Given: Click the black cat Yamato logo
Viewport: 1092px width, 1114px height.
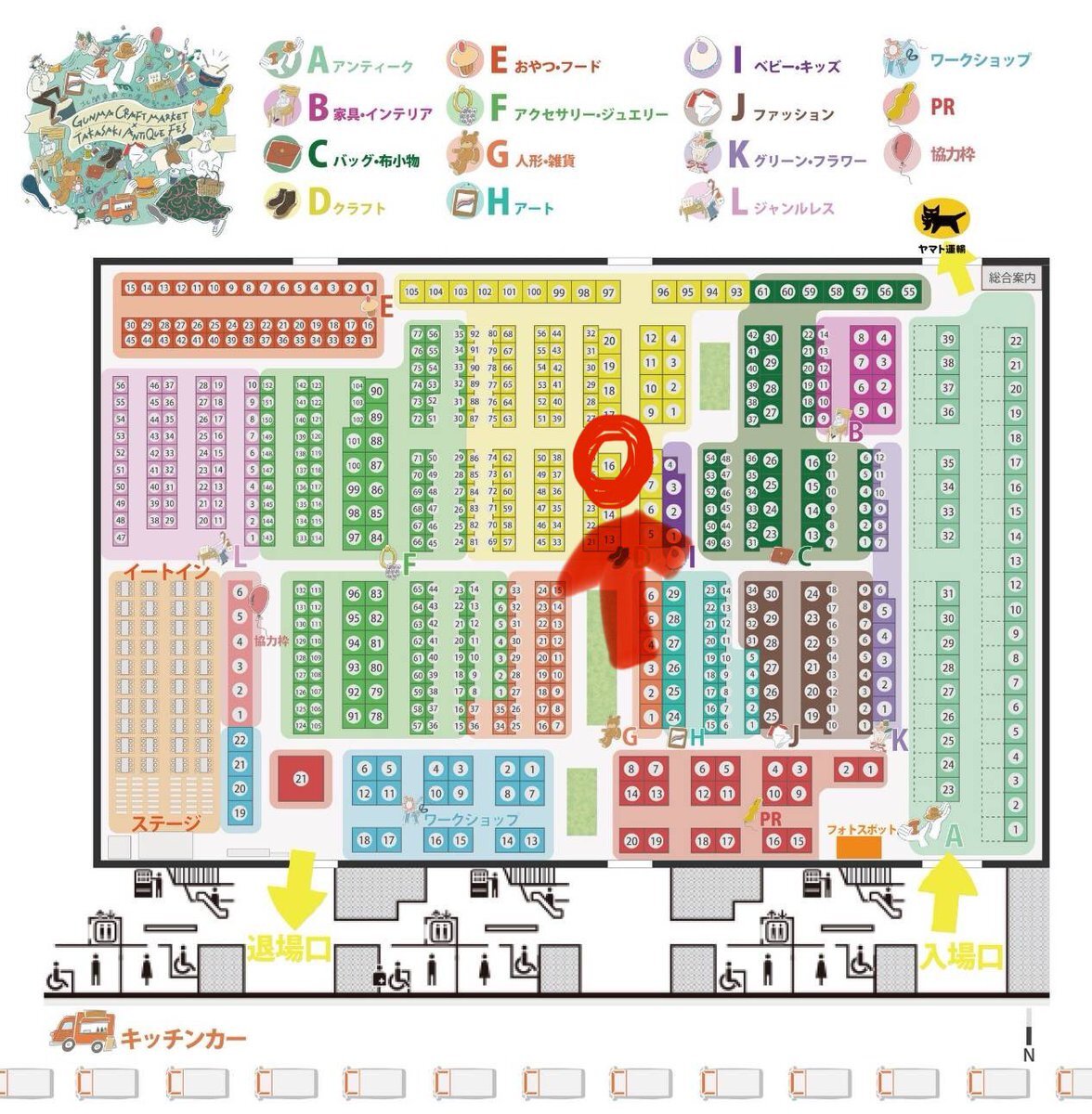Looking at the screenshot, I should (941, 220).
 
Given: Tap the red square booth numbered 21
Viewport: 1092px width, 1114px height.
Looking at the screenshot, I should (300, 779).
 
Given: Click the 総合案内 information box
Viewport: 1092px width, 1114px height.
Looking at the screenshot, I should (1011, 277).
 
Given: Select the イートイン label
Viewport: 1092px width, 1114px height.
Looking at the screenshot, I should (167, 571).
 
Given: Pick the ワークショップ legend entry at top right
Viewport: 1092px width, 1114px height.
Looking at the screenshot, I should (957, 59).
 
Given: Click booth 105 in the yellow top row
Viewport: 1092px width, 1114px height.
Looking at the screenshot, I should (412, 291).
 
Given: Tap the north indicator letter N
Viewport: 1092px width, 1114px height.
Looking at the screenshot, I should (1028, 1056).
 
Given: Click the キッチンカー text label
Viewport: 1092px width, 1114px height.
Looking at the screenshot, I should (184, 1038).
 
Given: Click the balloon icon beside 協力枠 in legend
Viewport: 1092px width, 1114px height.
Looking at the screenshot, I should (902, 153).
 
